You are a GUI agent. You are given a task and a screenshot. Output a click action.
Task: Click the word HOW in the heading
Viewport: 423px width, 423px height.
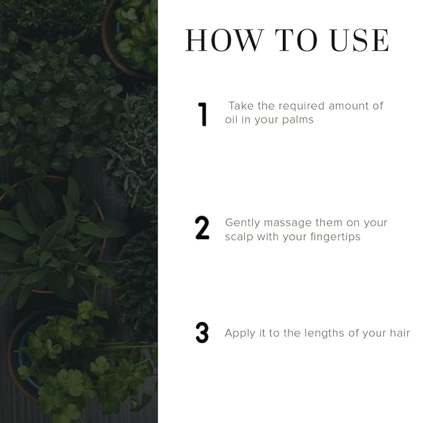click(x=224, y=40)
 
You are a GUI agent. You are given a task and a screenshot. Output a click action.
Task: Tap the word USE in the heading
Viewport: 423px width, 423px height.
click(x=360, y=40)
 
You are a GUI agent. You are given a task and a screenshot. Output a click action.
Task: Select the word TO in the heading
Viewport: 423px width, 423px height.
click(x=296, y=40)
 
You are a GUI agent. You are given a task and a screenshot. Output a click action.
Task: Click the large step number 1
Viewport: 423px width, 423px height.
click(x=202, y=115)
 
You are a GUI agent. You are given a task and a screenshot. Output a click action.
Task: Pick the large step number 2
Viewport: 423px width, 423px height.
click(x=202, y=228)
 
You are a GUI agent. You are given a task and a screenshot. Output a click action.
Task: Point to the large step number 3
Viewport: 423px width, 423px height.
click(x=202, y=333)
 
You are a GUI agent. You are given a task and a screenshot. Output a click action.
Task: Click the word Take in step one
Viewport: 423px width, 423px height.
click(x=241, y=106)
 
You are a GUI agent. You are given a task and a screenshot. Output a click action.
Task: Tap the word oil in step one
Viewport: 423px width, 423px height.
click(x=231, y=119)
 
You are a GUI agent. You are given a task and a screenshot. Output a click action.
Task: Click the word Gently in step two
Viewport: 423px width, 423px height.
click(x=242, y=224)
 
